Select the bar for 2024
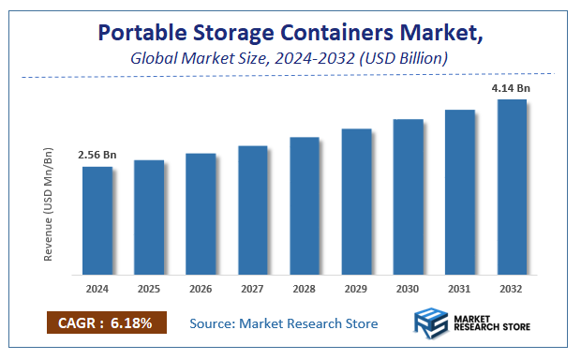pos(97,221)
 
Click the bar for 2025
pos(149,217)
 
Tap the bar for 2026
pos(201,214)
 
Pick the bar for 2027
pos(253,210)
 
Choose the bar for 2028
pos(305,206)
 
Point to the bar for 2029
pos(356,202)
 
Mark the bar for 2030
pos(408,197)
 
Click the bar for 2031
pos(460,192)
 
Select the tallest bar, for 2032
pos(512,187)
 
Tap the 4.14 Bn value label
pos(511,88)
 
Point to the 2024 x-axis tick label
pos(97,288)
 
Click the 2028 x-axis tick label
pos(305,288)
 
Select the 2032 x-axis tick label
pos(512,288)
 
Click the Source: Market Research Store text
pos(283,323)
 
